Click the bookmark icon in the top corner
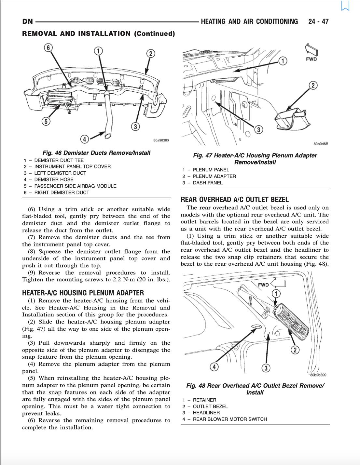[345, 6]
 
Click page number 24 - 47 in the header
[318, 21]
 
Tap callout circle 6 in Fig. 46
[48, 48]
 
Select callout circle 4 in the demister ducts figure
[85, 139]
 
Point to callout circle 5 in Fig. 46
[46, 121]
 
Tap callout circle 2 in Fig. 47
[313, 86]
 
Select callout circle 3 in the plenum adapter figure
[258, 130]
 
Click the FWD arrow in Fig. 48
[272, 284]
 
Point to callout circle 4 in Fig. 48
[214, 367]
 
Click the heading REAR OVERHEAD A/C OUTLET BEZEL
[235, 200]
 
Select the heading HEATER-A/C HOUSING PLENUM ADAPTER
[83, 293]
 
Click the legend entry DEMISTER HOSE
[54, 179]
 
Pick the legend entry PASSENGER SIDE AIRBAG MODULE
[75, 186]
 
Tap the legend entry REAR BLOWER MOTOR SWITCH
[230, 419]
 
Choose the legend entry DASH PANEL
[208, 183]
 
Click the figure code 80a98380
[161, 140]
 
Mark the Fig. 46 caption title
[96, 153]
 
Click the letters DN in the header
[27, 22]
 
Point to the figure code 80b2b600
[318, 375]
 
